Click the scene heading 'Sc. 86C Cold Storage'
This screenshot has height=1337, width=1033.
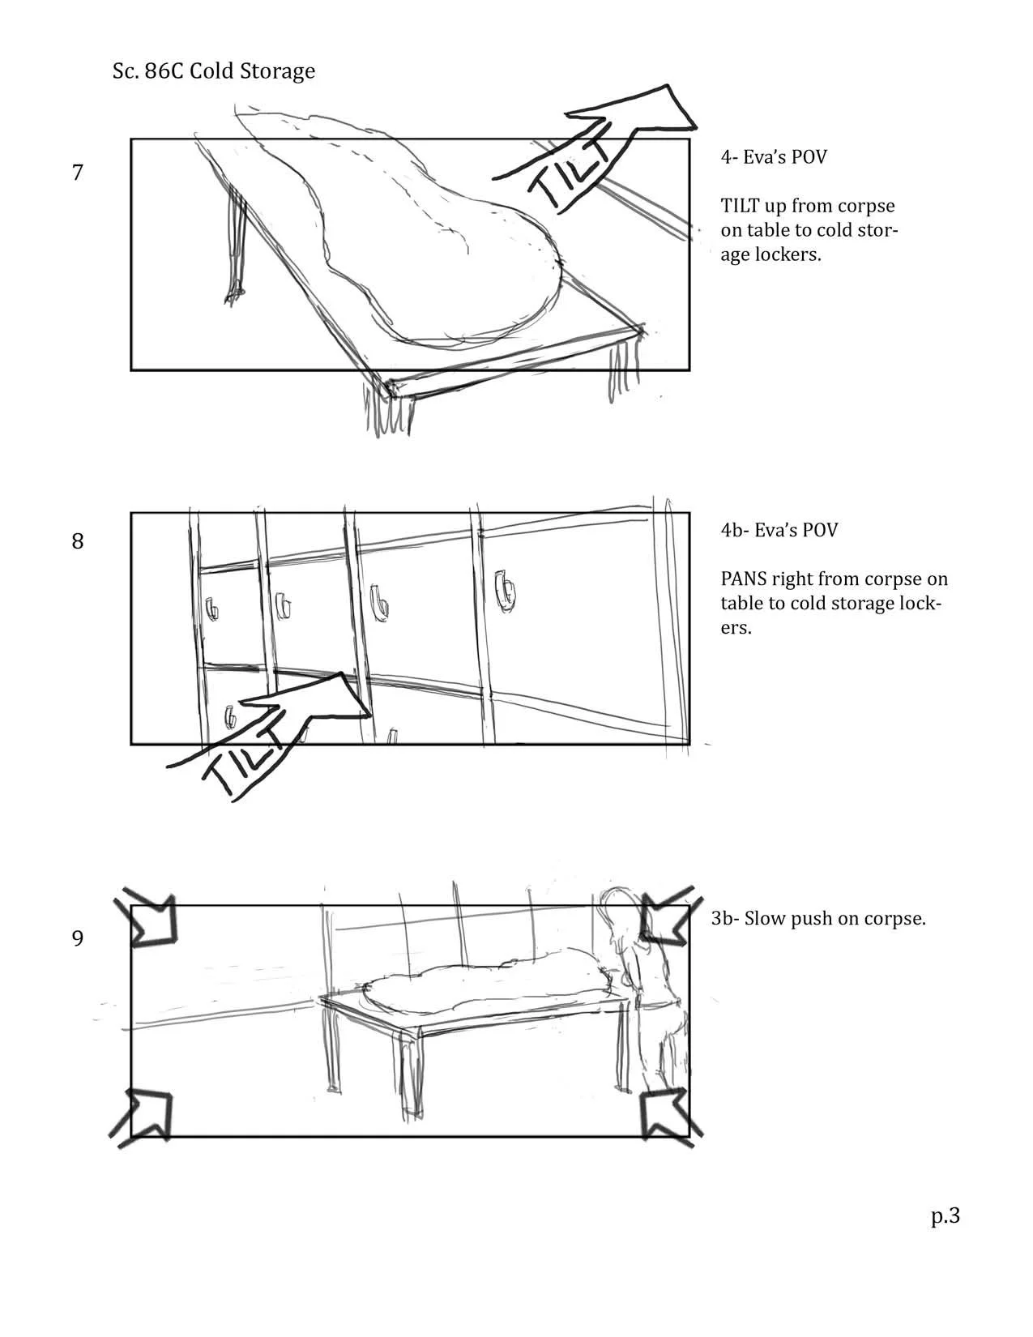point(214,71)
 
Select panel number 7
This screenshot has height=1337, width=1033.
point(78,173)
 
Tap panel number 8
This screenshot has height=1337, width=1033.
point(78,541)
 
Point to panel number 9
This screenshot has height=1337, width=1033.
point(78,938)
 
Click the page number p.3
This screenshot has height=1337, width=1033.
point(945,1215)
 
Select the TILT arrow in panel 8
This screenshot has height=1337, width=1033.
point(275,729)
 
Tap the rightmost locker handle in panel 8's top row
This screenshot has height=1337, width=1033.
point(504,590)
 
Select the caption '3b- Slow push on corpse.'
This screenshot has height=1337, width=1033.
point(818,919)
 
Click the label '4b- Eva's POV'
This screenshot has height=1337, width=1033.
point(779,530)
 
